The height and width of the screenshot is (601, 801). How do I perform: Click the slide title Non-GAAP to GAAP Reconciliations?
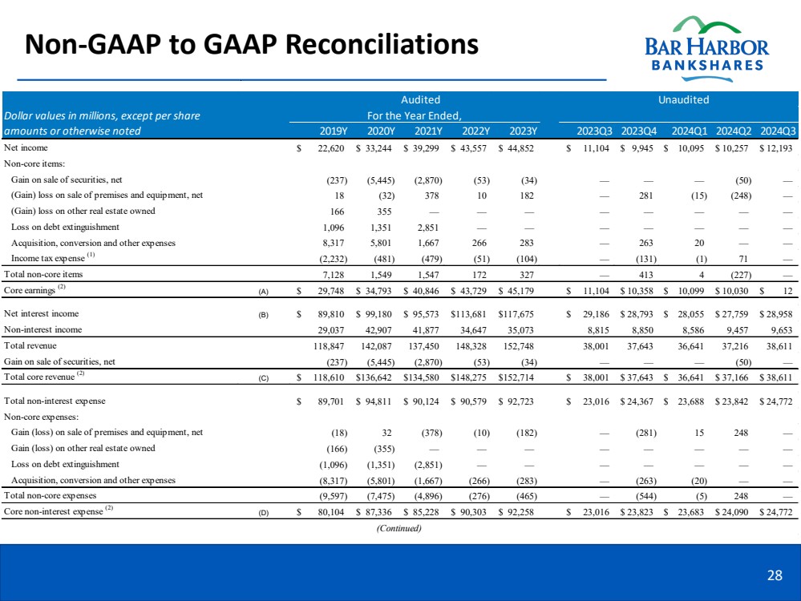pos(252,43)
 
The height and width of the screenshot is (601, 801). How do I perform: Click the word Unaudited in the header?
pos(682,100)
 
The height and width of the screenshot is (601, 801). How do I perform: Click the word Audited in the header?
pos(420,100)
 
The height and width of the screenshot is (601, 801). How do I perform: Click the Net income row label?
pos(26,147)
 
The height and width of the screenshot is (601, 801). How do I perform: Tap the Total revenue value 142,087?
pos(376,345)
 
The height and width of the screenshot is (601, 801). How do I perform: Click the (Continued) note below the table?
pos(398,527)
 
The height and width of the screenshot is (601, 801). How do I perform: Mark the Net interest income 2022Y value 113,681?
pos(471,314)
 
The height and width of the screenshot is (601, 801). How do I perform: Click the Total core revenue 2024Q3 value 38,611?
pos(778,376)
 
